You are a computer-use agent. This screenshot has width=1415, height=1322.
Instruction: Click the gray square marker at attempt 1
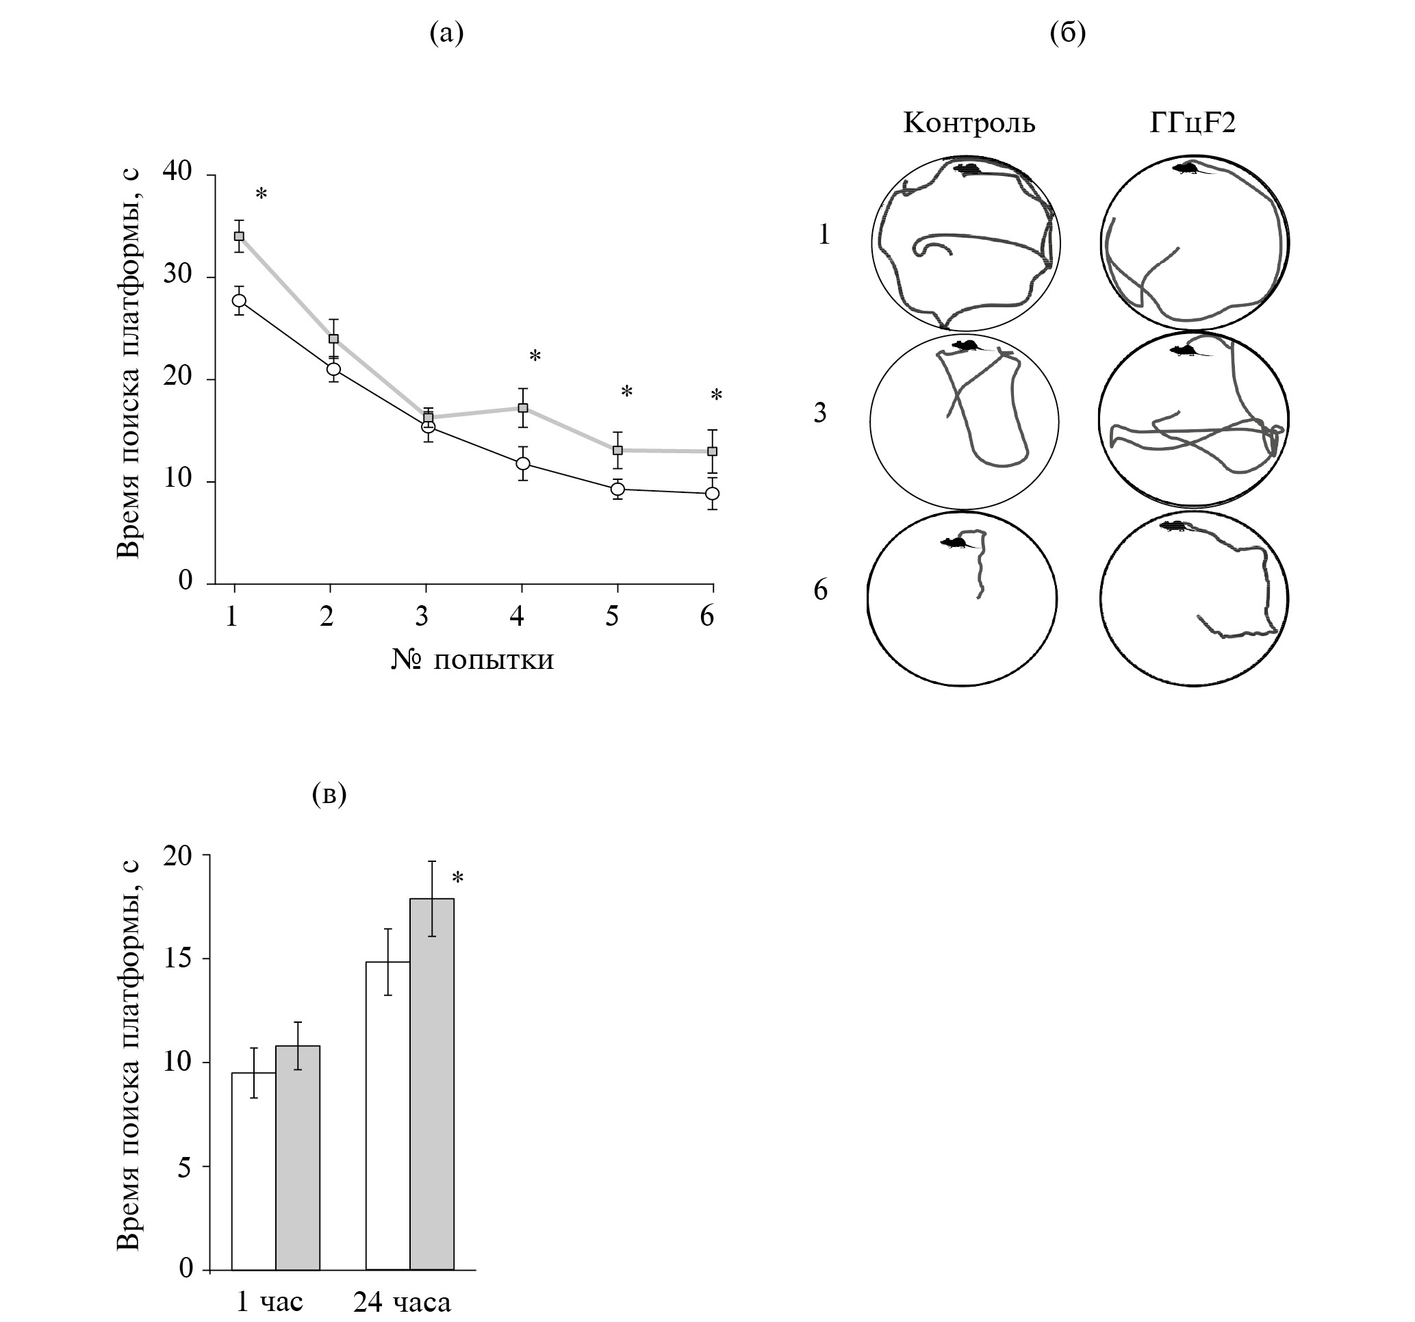pyautogui.click(x=239, y=236)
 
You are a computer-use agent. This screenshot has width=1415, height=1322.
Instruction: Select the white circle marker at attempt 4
pyautogui.click(x=522, y=463)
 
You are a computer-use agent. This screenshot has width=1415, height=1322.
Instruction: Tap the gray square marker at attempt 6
pyautogui.click(x=712, y=451)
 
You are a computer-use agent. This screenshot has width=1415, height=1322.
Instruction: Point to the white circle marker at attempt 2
pyautogui.click(x=333, y=369)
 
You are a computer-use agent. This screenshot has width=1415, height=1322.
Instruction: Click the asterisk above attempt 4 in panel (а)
pyautogui.click(x=535, y=356)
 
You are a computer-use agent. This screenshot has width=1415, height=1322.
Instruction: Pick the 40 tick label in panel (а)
pyautogui.click(x=177, y=172)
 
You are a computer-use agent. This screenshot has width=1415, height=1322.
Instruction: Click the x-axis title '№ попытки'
pyautogui.click(x=472, y=660)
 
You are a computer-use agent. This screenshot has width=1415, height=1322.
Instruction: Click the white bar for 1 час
pyautogui.click(x=253, y=1171)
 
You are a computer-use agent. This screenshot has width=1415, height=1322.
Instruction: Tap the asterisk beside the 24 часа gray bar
pyautogui.click(x=458, y=878)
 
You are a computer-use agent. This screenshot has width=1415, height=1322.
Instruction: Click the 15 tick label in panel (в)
pyautogui.click(x=177, y=959)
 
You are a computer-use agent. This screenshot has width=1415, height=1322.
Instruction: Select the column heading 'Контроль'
pyautogui.click(x=969, y=123)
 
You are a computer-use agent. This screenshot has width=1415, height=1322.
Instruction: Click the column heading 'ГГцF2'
pyautogui.click(x=1193, y=123)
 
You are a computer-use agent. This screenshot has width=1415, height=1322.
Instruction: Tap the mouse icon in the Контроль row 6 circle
pyautogui.click(x=953, y=542)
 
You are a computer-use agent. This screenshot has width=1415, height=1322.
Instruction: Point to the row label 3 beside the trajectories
pyautogui.click(x=821, y=412)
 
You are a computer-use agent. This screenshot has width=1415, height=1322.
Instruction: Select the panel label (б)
pyautogui.click(x=1068, y=33)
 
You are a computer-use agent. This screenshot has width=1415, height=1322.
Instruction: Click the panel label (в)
pyautogui.click(x=329, y=793)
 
